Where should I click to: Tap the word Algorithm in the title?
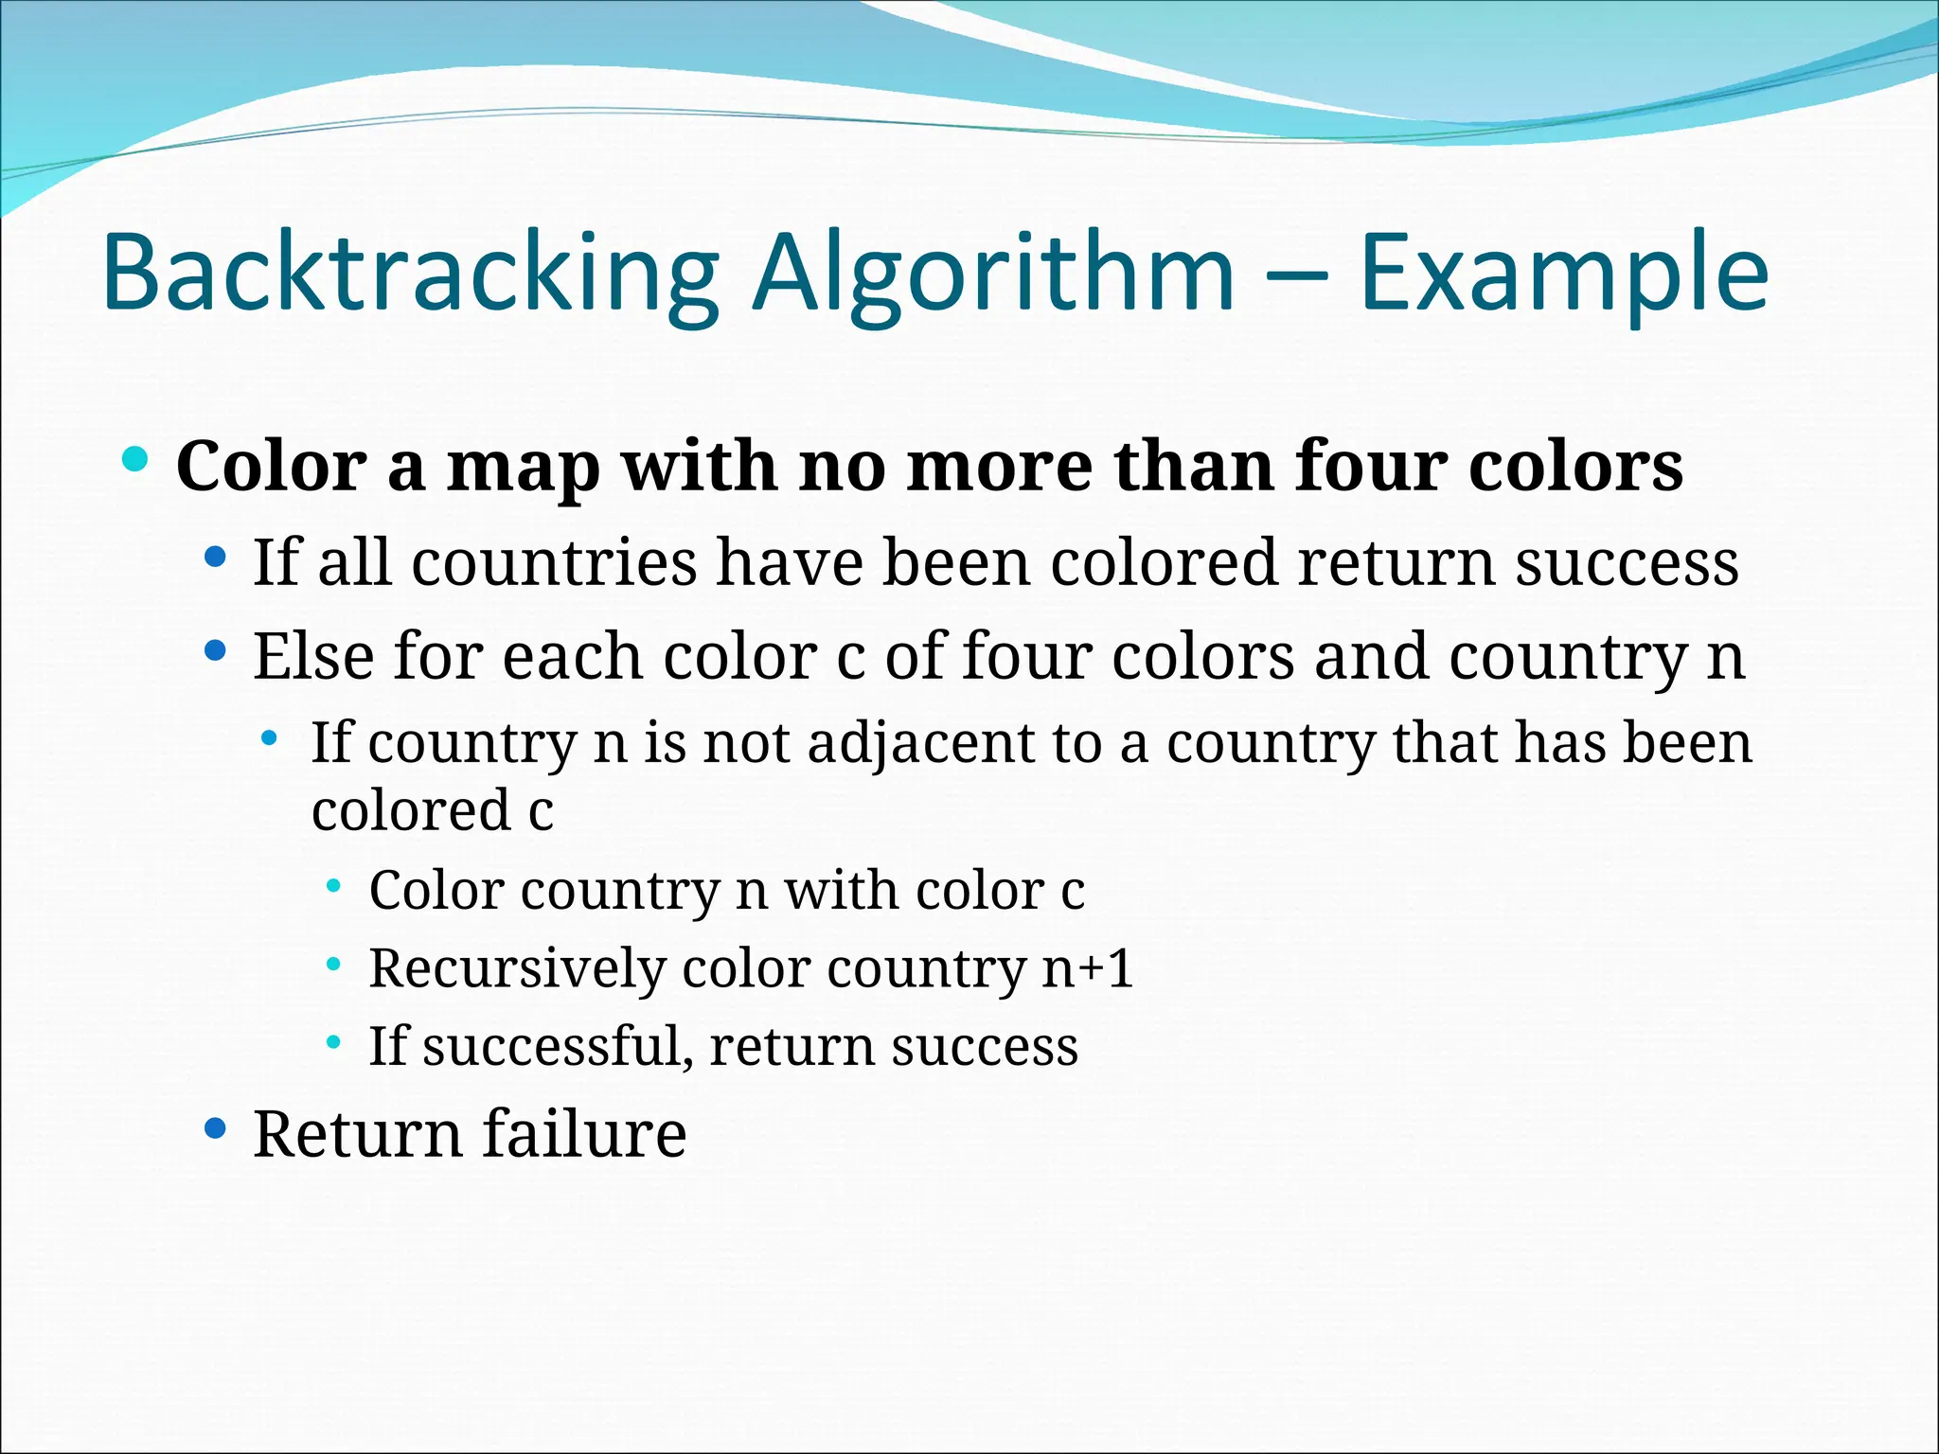(x=992, y=275)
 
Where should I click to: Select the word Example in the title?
(x=1563, y=275)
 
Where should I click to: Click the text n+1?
(x=1087, y=968)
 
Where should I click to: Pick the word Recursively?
(x=517, y=968)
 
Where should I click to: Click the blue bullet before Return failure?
(x=216, y=1127)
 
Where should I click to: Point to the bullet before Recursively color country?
(x=333, y=965)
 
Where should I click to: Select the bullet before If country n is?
(x=271, y=737)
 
